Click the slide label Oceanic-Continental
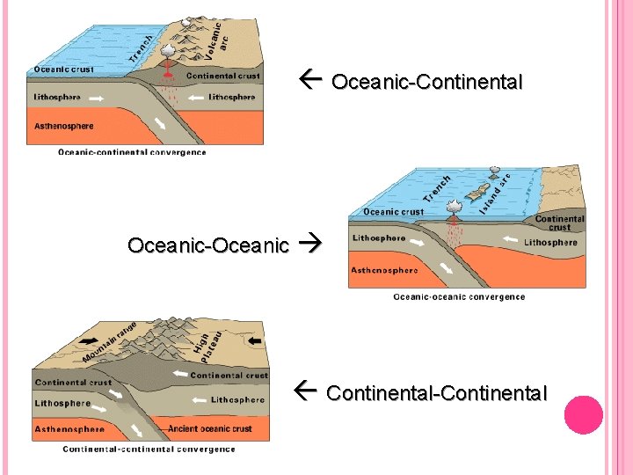click(x=427, y=83)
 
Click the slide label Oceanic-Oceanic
click(x=207, y=245)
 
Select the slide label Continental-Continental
click(x=436, y=393)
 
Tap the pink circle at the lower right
click(x=584, y=414)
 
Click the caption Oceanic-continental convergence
click(x=132, y=152)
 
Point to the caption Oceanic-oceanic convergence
click(x=459, y=296)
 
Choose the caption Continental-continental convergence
click(x=149, y=449)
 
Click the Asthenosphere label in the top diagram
click(x=63, y=127)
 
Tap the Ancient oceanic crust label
click(x=210, y=429)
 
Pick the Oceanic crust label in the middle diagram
click(x=393, y=212)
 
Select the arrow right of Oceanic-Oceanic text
click(x=311, y=245)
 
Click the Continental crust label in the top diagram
click(x=223, y=77)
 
